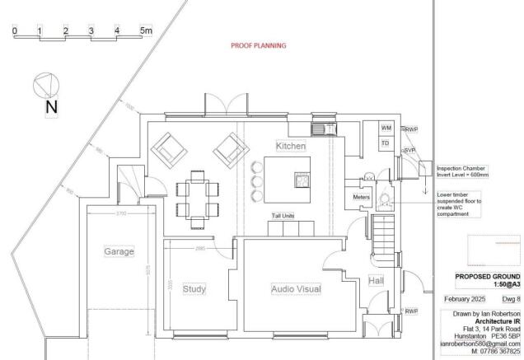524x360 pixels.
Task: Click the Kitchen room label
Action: [291, 146]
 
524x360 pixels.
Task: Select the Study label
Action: [194, 289]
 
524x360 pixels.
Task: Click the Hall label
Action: [376, 281]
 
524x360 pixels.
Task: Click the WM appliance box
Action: [385, 128]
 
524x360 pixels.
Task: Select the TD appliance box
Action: [385, 143]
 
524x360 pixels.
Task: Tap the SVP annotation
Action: [409, 150]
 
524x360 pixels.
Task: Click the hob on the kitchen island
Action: [302, 179]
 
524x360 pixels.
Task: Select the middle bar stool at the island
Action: [255, 180]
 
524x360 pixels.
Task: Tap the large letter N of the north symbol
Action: [51, 107]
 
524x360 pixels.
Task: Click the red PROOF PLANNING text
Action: [258, 45]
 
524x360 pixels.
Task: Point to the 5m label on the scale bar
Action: [146, 31]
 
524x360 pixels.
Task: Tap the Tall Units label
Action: [283, 216]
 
